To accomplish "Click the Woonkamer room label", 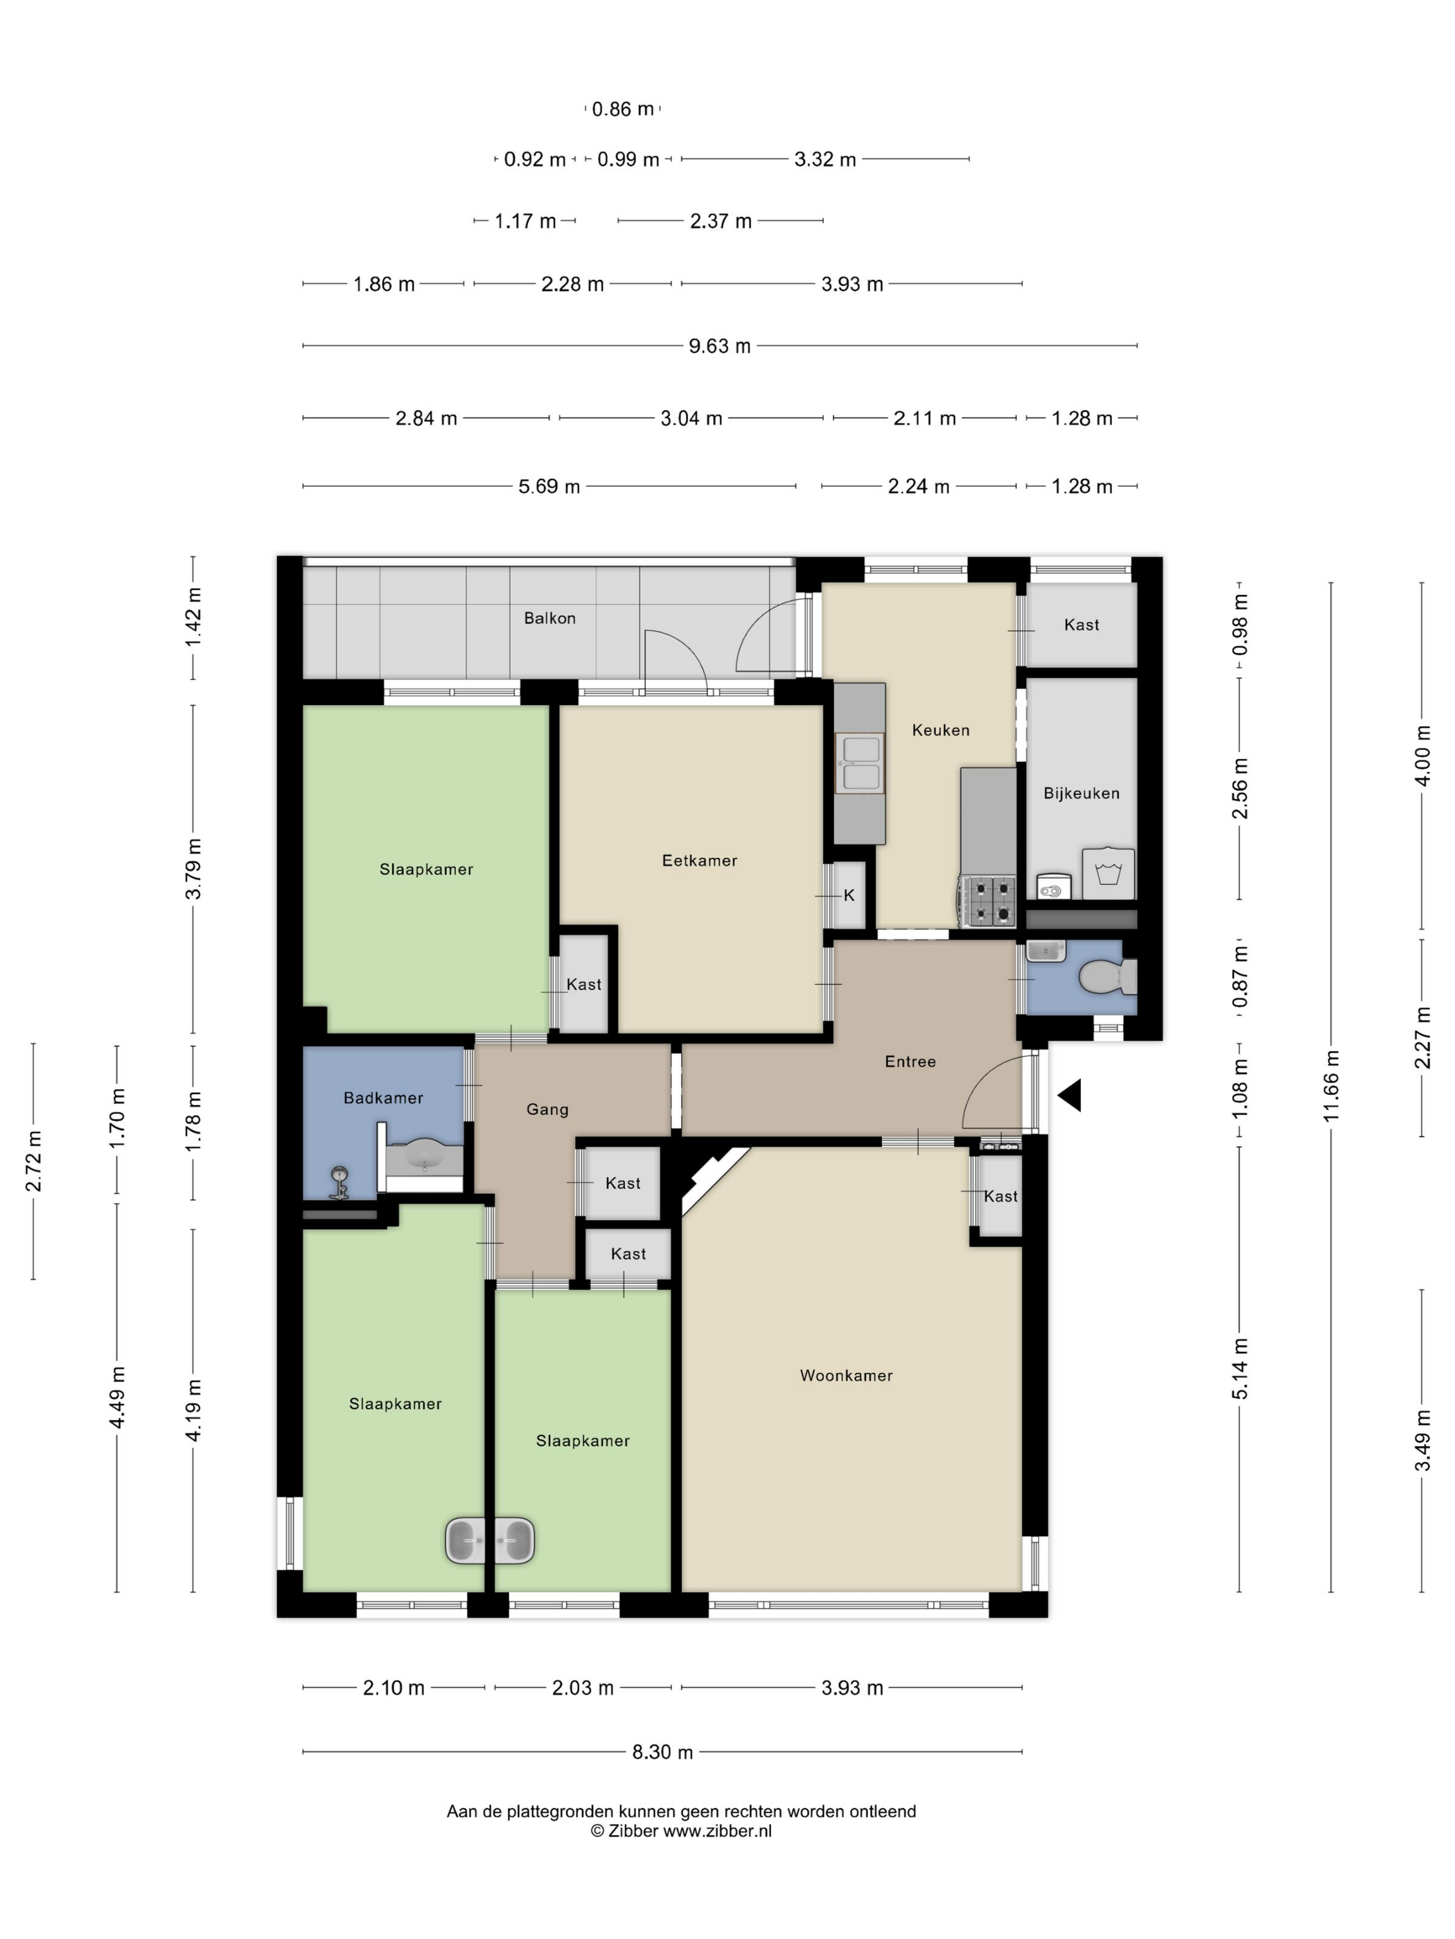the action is [845, 1375].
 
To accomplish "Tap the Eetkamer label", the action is [699, 860].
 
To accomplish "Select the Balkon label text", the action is [550, 618].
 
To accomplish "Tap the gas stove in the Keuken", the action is [989, 901].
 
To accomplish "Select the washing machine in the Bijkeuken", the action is [1109, 873].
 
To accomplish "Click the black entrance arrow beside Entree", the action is [1069, 1096].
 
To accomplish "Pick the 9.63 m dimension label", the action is [719, 346].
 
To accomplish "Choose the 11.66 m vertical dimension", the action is [1332, 1085].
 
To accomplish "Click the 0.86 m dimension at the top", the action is [623, 109].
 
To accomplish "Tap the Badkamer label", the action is [383, 1098].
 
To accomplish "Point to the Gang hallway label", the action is [547, 1109].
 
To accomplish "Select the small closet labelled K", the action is [848, 895].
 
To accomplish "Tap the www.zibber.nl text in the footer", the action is [716, 1830].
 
